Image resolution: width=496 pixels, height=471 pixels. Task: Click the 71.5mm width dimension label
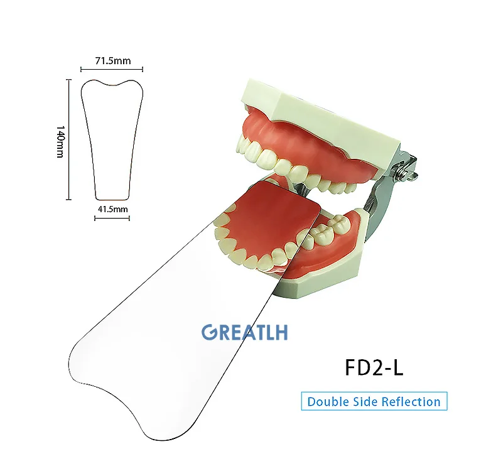[x=112, y=61]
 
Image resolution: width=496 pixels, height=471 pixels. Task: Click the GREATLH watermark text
[x=244, y=332]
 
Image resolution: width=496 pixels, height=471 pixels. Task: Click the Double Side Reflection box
[x=374, y=401]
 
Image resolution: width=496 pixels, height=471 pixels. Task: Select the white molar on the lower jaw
[x=332, y=225]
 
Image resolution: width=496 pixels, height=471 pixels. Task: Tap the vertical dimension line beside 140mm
[x=68, y=139]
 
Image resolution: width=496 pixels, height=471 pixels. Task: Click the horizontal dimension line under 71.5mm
[x=112, y=69]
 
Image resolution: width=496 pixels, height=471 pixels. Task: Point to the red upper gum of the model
[x=295, y=132]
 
